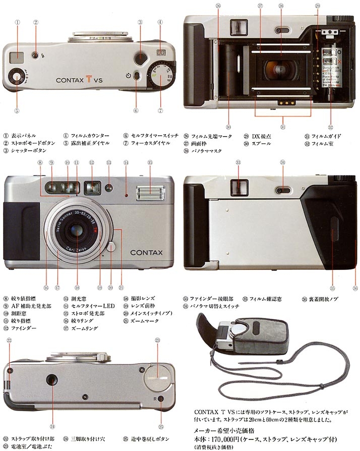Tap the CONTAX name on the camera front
click(x=146, y=252)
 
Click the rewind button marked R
click(x=161, y=399)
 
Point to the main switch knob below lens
click(x=111, y=247)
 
